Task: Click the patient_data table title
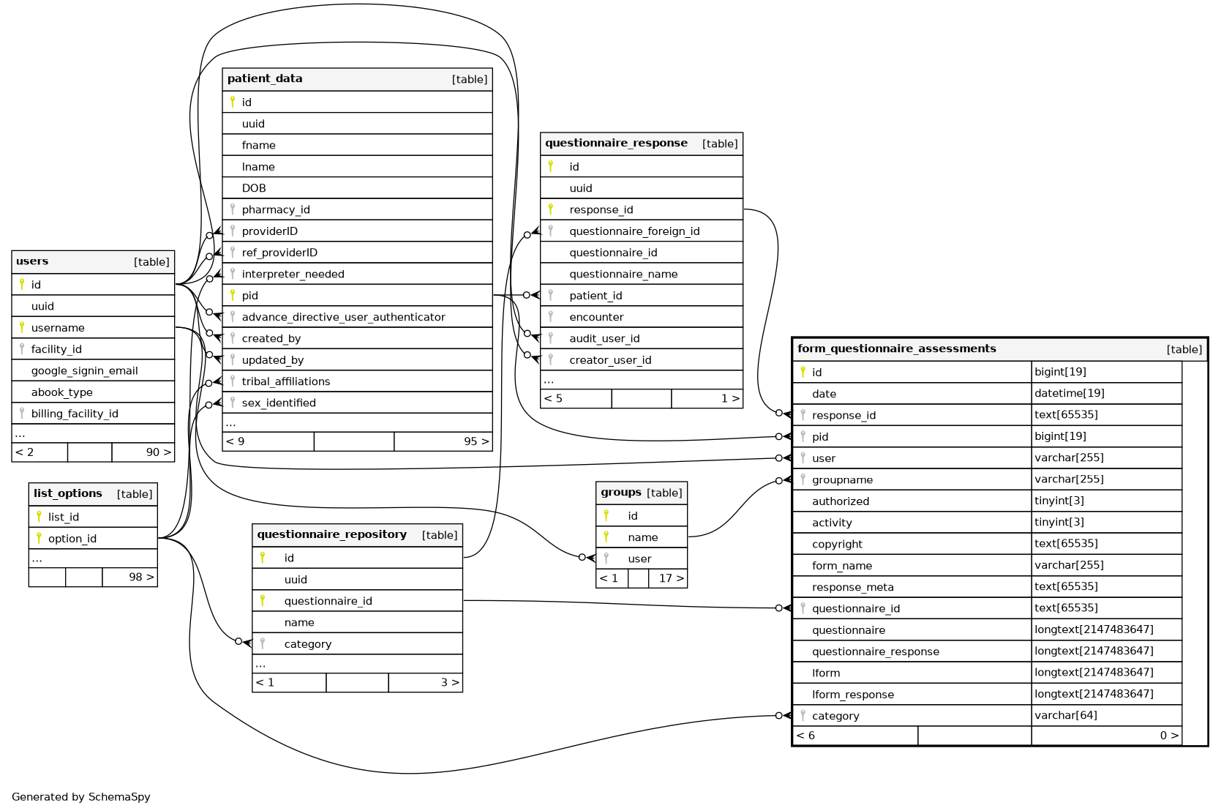click(265, 79)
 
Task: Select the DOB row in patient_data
click(254, 188)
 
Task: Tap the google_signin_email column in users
click(84, 371)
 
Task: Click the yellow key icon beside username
click(22, 327)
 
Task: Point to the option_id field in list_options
click(72, 539)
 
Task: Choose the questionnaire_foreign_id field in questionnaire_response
click(634, 231)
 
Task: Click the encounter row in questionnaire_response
click(596, 317)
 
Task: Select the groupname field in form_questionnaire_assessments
click(842, 480)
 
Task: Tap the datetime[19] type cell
click(1070, 393)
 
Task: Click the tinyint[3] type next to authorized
click(1059, 501)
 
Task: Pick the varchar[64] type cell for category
click(1066, 715)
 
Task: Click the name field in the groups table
click(642, 537)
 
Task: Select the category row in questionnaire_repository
click(307, 644)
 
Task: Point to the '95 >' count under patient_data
click(476, 441)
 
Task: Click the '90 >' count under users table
click(158, 452)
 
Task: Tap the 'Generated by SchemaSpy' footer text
click(81, 797)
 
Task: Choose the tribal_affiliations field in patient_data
click(286, 381)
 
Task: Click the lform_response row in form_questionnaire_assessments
click(853, 695)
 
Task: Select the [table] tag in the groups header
click(664, 493)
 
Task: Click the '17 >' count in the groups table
click(671, 578)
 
